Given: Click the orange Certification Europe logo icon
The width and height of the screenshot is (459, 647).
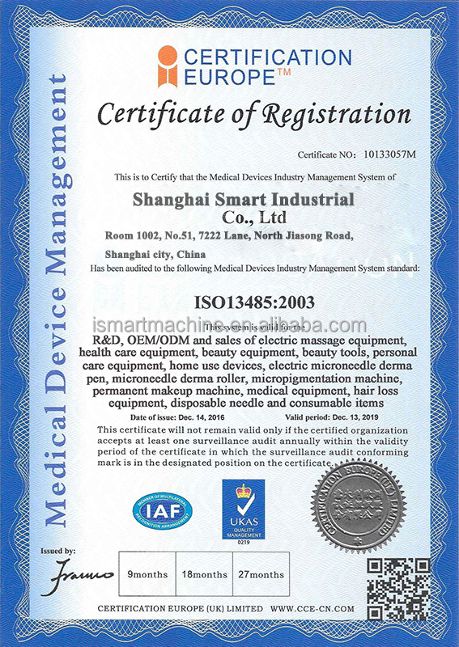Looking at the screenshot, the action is coord(168,66).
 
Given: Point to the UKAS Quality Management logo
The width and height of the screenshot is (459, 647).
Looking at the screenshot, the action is coord(243,509).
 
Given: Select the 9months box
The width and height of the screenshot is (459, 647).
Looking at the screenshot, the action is coord(147,574).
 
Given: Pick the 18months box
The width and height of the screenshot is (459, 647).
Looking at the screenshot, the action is coord(205,574).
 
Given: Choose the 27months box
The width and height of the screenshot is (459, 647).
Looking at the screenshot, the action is coord(262,574).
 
